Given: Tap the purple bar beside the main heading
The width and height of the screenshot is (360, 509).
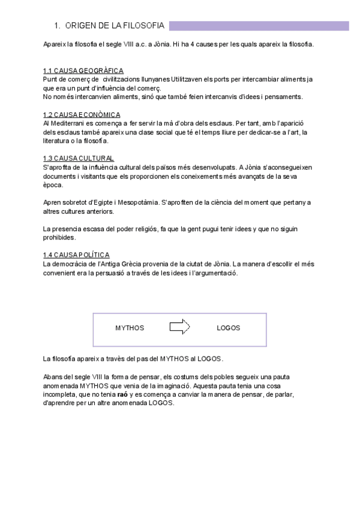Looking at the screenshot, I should coord(259,26).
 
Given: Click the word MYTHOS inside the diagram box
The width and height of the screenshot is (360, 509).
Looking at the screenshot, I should coord(130,328).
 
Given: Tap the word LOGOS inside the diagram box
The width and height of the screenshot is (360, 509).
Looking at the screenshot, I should coord(228,328).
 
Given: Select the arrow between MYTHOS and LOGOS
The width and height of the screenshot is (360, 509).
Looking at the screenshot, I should coord(179,327).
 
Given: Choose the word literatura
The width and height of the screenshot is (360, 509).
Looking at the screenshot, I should coord(60,140).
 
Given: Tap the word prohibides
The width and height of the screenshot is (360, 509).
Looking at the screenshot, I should coord(59,238).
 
